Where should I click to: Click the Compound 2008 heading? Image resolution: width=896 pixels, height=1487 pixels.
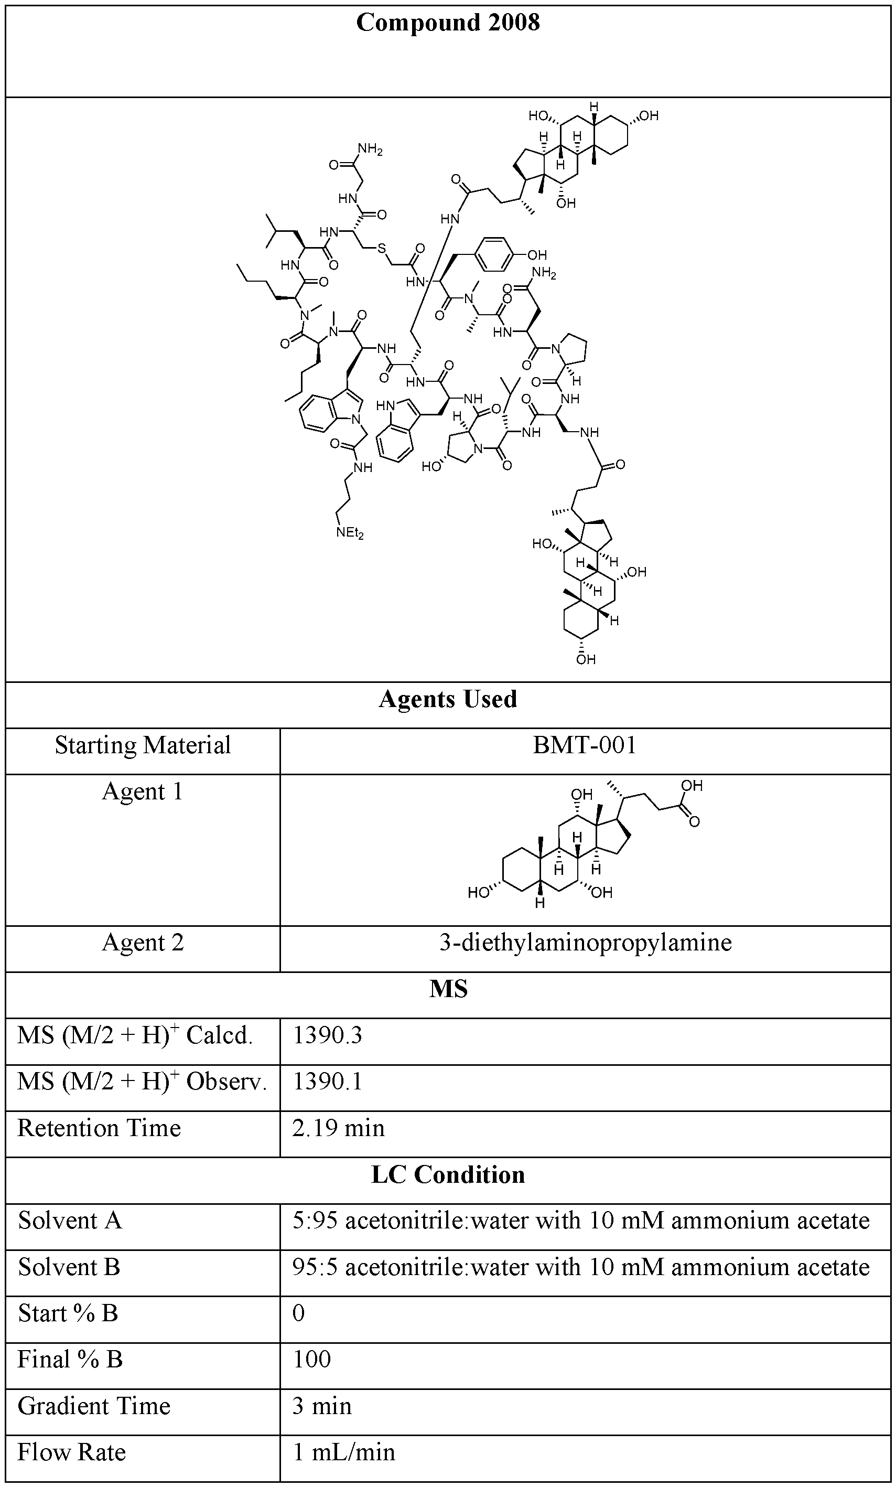click(x=448, y=23)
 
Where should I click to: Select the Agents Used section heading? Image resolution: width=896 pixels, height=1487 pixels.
click(x=448, y=699)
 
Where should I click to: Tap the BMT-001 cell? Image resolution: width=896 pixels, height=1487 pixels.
click(x=584, y=745)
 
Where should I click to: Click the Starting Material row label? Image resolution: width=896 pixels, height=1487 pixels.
click(x=143, y=745)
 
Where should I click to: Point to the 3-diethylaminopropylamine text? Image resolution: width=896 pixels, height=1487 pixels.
click(x=585, y=942)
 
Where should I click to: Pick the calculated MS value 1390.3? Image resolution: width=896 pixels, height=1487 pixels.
click(x=327, y=1035)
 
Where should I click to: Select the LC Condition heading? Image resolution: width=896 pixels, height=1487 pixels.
click(x=448, y=1174)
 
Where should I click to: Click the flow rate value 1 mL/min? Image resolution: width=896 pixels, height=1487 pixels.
click(x=343, y=1451)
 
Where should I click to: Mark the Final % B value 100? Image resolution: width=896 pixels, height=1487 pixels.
click(x=311, y=1359)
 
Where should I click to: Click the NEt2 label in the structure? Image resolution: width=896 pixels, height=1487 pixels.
click(x=350, y=533)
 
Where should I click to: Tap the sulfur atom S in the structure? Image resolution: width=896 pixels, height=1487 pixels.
click(x=381, y=248)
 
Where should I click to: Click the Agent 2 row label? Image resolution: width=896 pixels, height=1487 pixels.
click(x=143, y=942)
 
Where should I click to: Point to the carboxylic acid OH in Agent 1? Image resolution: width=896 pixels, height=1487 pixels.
click(x=692, y=785)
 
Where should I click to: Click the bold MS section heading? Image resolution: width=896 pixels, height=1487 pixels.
click(x=448, y=989)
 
